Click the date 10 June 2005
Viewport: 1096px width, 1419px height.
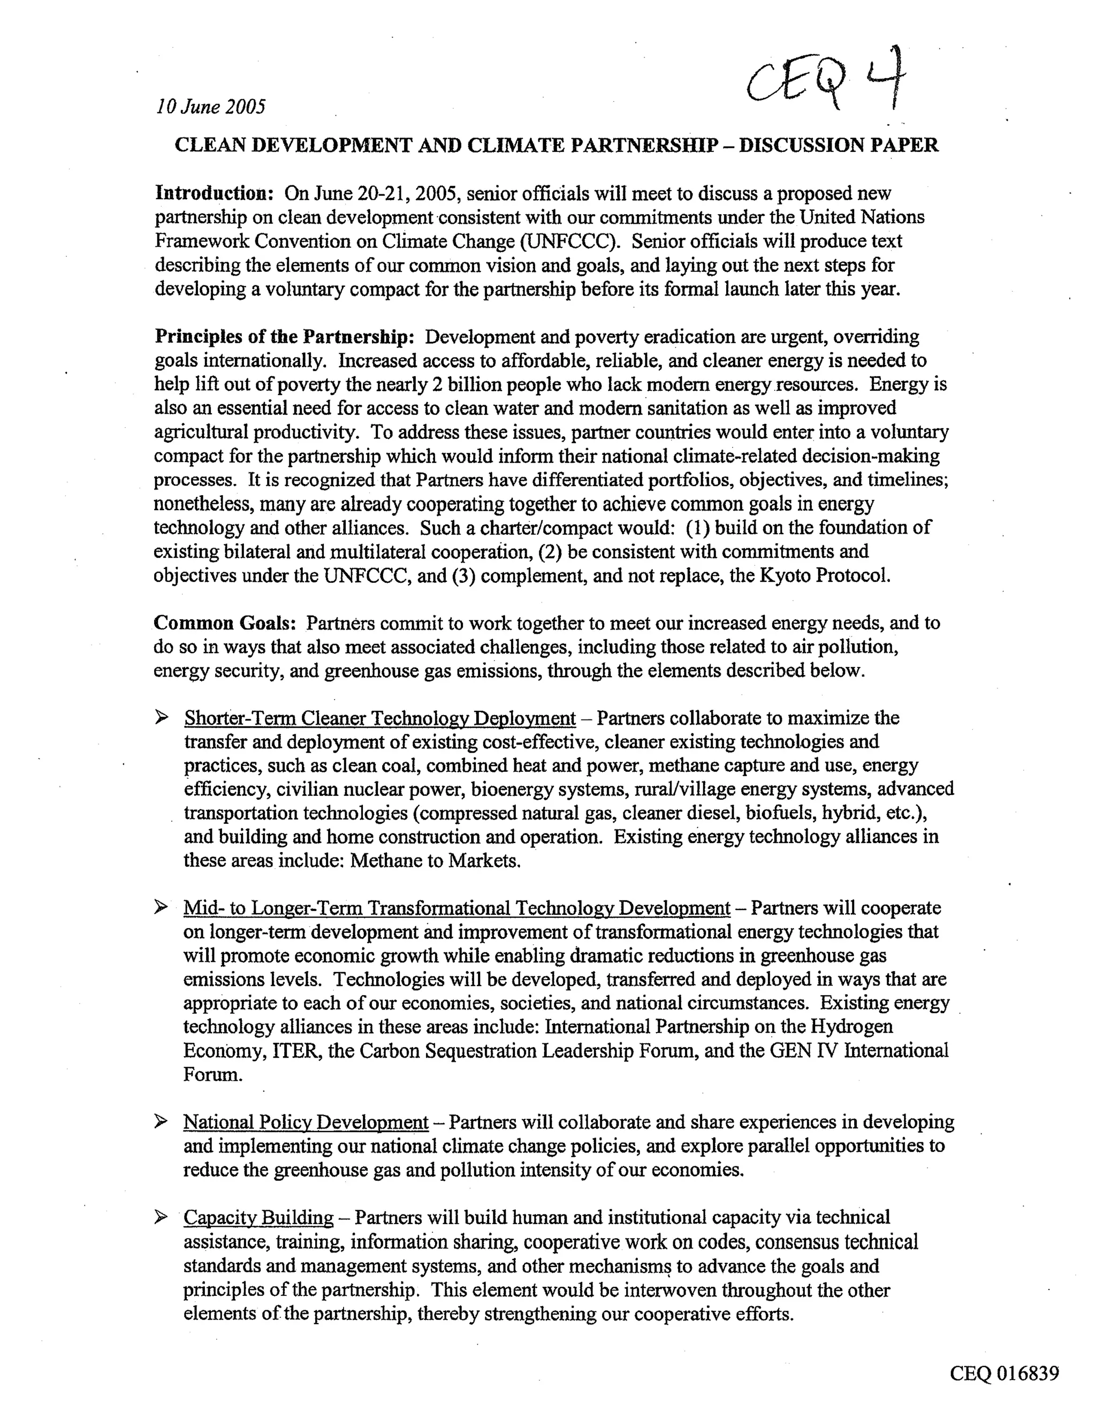pos(210,107)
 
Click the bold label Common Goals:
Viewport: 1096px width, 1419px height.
pos(225,623)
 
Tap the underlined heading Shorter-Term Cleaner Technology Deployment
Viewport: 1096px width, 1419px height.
pos(380,718)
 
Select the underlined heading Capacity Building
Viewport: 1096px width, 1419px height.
pos(258,1218)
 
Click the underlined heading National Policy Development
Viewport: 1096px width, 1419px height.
pos(306,1122)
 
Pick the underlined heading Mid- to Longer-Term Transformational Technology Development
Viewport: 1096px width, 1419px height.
pos(456,908)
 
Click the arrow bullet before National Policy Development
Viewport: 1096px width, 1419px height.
pos(161,1122)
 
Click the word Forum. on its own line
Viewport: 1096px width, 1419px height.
pos(213,1075)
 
